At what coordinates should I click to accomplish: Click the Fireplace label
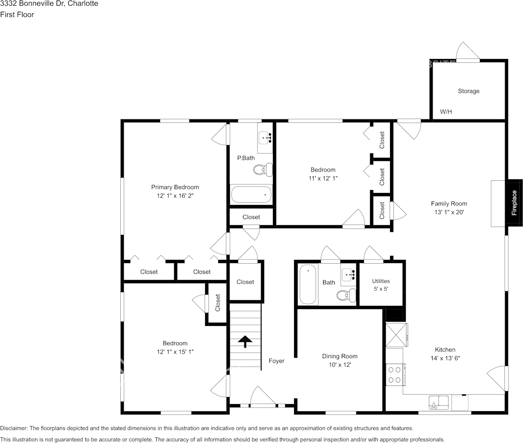click(x=514, y=203)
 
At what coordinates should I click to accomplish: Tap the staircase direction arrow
click(x=245, y=341)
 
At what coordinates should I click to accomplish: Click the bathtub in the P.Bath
click(x=251, y=194)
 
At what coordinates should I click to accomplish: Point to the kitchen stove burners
click(x=395, y=375)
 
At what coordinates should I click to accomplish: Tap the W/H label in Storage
click(x=446, y=112)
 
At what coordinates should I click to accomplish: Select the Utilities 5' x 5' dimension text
click(x=381, y=289)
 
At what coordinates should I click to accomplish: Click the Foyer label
click(x=277, y=361)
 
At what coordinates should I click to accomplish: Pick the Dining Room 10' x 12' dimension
click(x=339, y=365)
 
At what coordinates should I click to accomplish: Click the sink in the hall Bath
click(x=348, y=274)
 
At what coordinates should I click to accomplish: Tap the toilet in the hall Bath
click(x=346, y=295)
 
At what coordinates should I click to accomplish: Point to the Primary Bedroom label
click(x=175, y=187)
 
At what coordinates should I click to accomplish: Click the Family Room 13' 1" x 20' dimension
click(x=449, y=212)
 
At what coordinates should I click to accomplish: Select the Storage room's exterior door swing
click(x=468, y=51)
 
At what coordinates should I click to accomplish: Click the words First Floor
click(x=17, y=15)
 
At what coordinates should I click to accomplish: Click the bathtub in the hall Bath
click(x=308, y=284)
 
